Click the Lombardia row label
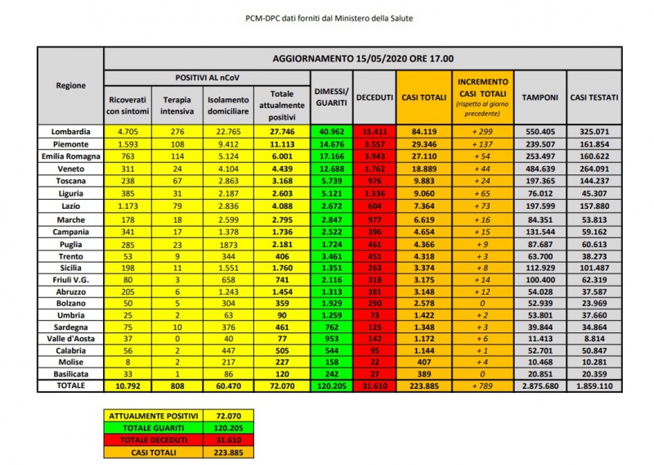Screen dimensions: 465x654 71,131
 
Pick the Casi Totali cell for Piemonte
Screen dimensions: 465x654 422,142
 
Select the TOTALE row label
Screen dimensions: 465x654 71,386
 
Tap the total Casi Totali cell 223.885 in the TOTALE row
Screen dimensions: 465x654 422,386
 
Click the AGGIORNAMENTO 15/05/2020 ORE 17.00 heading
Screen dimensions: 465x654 375,59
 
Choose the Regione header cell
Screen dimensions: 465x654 71,86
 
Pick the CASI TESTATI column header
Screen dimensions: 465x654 594,97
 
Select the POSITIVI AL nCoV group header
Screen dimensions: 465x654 207,76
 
